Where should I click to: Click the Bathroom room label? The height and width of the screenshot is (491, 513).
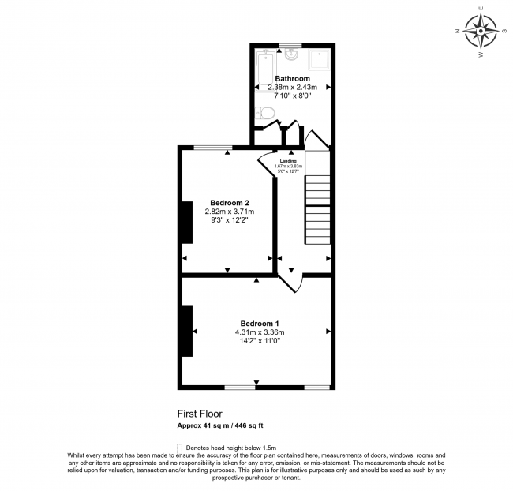(292, 78)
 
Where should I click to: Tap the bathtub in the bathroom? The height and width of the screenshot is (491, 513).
(264, 68)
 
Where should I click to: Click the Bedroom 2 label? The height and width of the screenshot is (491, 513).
(230, 203)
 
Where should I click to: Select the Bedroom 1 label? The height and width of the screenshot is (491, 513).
(260, 324)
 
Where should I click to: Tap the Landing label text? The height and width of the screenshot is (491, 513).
(287, 161)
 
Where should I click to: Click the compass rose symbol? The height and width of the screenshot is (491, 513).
(481, 32)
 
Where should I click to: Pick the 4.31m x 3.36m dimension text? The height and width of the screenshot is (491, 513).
(259, 332)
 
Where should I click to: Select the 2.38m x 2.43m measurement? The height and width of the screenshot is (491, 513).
(292, 87)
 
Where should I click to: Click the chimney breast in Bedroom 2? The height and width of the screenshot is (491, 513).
(187, 223)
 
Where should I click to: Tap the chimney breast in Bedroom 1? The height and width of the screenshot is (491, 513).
(187, 331)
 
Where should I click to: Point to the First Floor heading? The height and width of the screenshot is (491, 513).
(200, 414)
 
